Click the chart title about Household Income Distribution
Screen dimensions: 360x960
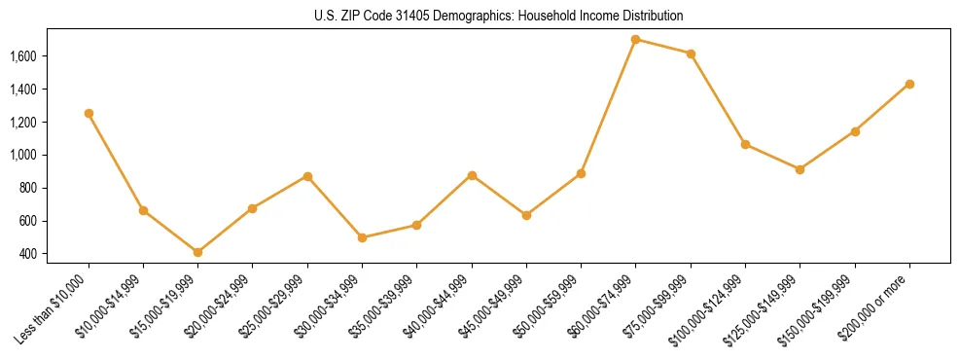coord(498,16)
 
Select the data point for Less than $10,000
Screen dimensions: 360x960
coord(89,113)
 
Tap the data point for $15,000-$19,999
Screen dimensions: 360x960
coord(197,252)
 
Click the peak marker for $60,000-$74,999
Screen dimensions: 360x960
coord(635,40)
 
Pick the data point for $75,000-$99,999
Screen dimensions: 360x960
coord(691,54)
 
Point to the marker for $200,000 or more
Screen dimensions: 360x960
coord(909,84)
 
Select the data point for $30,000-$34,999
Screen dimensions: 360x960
coord(362,237)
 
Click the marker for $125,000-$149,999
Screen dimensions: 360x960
coord(800,169)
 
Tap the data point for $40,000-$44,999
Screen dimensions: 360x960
coord(472,175)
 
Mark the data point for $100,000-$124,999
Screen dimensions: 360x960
coord(745,144)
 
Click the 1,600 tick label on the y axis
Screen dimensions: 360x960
coord(22,56)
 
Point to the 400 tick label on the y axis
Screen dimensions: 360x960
coord(27,254)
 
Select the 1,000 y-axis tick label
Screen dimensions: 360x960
coord(22,155)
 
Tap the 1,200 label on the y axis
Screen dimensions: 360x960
coord(22,122)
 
